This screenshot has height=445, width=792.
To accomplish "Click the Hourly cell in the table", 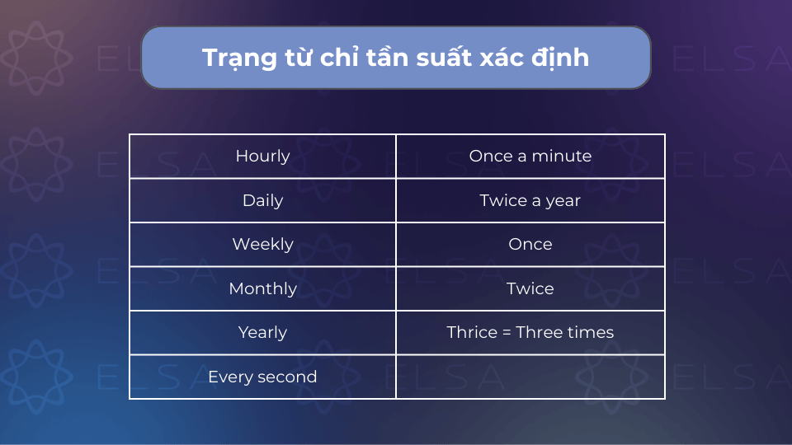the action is [x=262, y=156].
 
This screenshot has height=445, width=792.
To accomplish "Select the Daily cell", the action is [x=262, y=200].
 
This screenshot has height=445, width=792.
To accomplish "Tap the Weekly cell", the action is [x=262, y=244].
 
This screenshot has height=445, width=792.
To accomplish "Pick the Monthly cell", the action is [x=262, y=288].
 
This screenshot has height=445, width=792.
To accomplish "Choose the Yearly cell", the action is [x=262, y=332].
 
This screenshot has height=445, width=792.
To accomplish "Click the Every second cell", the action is [x=262, y=377].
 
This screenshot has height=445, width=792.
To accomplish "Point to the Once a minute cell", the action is [x=530, y=156].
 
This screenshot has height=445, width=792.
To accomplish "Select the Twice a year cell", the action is [x=530, y=200].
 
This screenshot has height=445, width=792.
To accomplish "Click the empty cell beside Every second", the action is [x=530, y=377].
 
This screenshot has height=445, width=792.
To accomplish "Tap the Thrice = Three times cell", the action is [x=530, y=332].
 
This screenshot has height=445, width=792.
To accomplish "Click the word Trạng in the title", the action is [x=239, y=59].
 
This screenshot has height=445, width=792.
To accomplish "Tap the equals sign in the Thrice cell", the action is [x=507, y=332].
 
